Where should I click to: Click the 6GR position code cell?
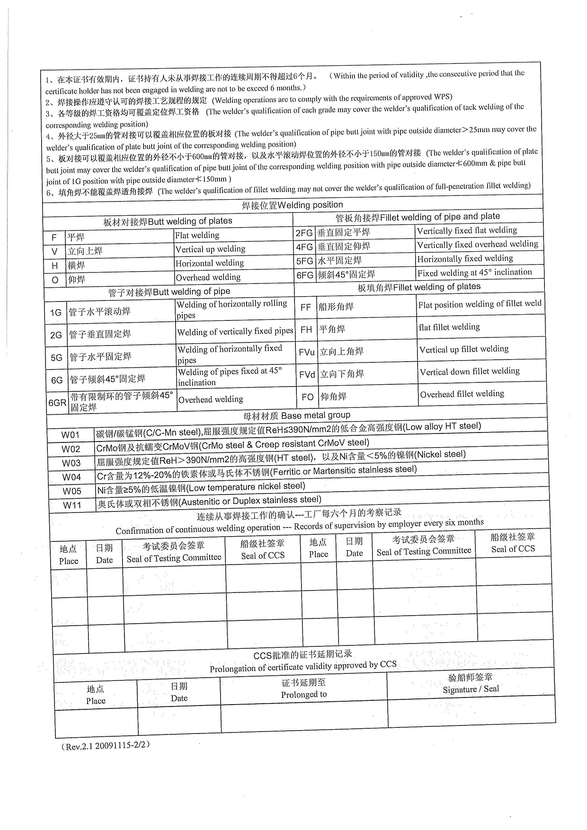57,403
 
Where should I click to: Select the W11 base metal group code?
72,505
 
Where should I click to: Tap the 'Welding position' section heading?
293,205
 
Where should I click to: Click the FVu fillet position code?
307,352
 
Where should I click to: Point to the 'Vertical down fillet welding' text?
470,371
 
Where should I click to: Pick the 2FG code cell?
304,233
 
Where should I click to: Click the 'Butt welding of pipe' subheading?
169,292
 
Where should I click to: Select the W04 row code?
71,477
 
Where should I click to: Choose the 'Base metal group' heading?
297,415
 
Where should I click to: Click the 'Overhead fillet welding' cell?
462,394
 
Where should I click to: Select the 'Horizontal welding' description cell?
210,263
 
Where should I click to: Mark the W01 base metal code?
71,435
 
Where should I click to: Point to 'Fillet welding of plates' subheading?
419,287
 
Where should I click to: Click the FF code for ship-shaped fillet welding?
306,307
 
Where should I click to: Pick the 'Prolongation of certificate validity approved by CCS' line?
303,666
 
